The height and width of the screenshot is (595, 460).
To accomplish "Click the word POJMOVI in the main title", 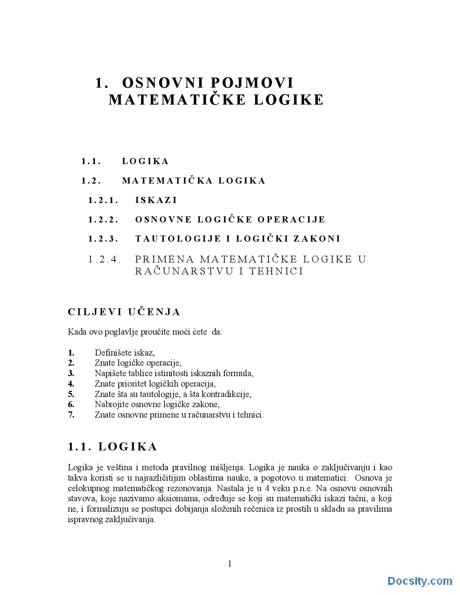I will (x=252, y=83).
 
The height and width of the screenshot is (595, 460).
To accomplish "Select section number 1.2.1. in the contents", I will (x=103, y=200).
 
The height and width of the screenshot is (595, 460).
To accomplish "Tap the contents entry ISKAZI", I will (x=156, y=200).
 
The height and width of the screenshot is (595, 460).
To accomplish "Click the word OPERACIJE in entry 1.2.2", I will (x=291, y=220).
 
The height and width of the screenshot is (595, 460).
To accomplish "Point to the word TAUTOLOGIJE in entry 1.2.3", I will (x=178, y=239).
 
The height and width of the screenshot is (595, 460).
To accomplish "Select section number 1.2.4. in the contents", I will (x=104, y=259).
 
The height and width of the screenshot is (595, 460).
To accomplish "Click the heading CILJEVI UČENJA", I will (x=124, y=312).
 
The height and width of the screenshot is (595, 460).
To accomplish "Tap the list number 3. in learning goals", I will (x=71, y=373).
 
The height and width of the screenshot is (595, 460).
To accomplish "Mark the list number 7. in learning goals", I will (x=71, y=415).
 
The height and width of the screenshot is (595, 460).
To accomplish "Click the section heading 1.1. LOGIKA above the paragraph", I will (x=112, y=447).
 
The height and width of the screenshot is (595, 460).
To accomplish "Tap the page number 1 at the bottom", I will (x=230, y=564).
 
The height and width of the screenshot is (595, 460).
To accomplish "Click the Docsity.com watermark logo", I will (x=419, y=581).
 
